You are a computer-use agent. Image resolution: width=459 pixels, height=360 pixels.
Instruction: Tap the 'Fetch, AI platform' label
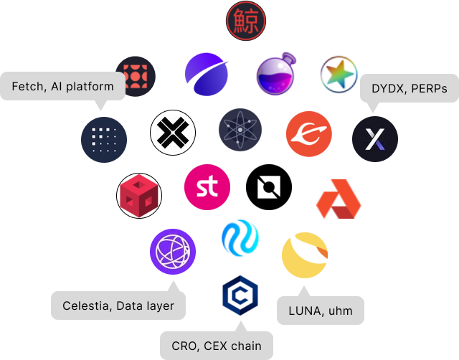(63, 87)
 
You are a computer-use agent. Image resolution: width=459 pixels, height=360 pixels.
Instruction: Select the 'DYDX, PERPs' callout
(409, 89)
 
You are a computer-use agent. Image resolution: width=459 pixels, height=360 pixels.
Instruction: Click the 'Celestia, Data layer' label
(118, 305)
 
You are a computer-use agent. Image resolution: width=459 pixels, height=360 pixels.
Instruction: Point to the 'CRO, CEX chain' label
(217, 346)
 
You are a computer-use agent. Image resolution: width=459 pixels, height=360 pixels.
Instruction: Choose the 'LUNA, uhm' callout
(321, 311)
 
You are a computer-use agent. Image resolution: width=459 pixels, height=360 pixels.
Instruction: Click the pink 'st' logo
(207, 187)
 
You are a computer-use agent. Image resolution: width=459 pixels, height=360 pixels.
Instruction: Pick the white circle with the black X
(173, 133)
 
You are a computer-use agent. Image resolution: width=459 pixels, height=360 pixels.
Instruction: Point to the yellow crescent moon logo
(305, 254)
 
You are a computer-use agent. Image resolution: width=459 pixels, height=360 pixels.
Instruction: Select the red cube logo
(138, 196)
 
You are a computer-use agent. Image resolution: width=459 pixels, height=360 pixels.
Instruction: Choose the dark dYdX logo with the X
(375, 138)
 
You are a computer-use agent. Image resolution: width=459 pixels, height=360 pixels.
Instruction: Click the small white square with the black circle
(269, 187)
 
